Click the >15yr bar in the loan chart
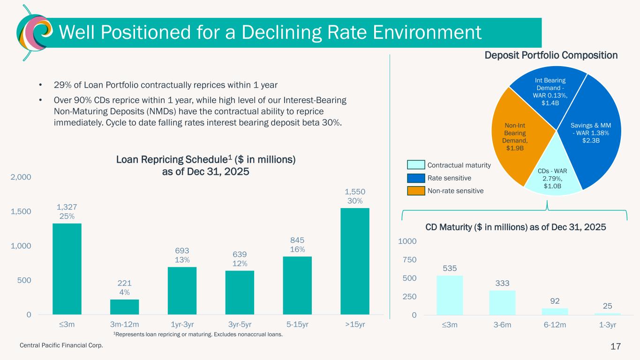coord(355,261)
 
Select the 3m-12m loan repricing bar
coord(125,307)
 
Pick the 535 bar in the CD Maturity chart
coord(450,295)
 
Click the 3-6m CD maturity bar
coord(502,302)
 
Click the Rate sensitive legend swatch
coord(415,178)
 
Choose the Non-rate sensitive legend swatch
coord(415,191)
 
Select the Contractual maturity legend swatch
coord(415,165)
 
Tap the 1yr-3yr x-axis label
coord(182,324)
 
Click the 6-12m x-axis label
coord(555,324)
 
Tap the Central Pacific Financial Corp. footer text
coord(60,345)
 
